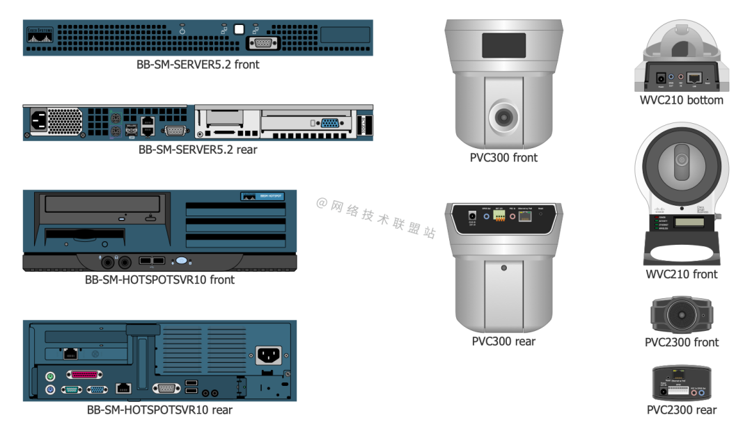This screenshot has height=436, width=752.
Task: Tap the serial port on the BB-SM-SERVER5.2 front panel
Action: click(x=262, y=43)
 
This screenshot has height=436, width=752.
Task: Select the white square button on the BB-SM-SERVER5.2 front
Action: click(x=240, y=29)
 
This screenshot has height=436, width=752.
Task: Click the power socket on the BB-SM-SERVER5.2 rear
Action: click(x=38, y=121)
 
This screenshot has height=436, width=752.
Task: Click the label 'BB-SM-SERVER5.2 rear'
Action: click(x=198, y=149)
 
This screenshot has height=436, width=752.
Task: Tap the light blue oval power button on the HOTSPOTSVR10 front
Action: click(x=181, y=261)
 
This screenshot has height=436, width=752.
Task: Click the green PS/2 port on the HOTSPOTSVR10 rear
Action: click(x=50, y=376)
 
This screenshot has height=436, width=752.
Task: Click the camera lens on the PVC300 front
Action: click(x=503, y=118)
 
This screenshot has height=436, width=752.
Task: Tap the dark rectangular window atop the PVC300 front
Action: click(x=503, y=45)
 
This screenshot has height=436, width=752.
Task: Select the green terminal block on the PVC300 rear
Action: click(x=499, y=216)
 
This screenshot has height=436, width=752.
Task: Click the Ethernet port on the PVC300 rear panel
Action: click(x=526, y=216)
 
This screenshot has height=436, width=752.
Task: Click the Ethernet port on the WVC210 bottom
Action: click(x=694, y=79)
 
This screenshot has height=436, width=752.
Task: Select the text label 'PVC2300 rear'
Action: click(x=682, y=410)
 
